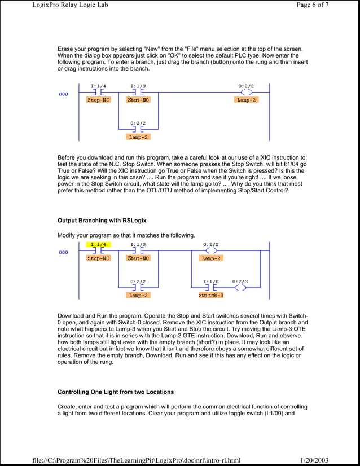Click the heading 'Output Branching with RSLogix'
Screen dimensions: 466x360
[102, 219]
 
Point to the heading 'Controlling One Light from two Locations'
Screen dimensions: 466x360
[116, 392]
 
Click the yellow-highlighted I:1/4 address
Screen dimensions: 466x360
[98, 245]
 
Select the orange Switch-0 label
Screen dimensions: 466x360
[211, 295]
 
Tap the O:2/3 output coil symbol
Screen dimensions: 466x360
[240, 287]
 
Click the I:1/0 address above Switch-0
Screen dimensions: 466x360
[211, 281]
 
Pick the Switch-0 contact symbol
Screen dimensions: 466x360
[211, 287]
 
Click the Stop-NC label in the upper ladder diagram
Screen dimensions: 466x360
[98, 100]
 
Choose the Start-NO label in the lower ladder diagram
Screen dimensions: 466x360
[138, 258]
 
